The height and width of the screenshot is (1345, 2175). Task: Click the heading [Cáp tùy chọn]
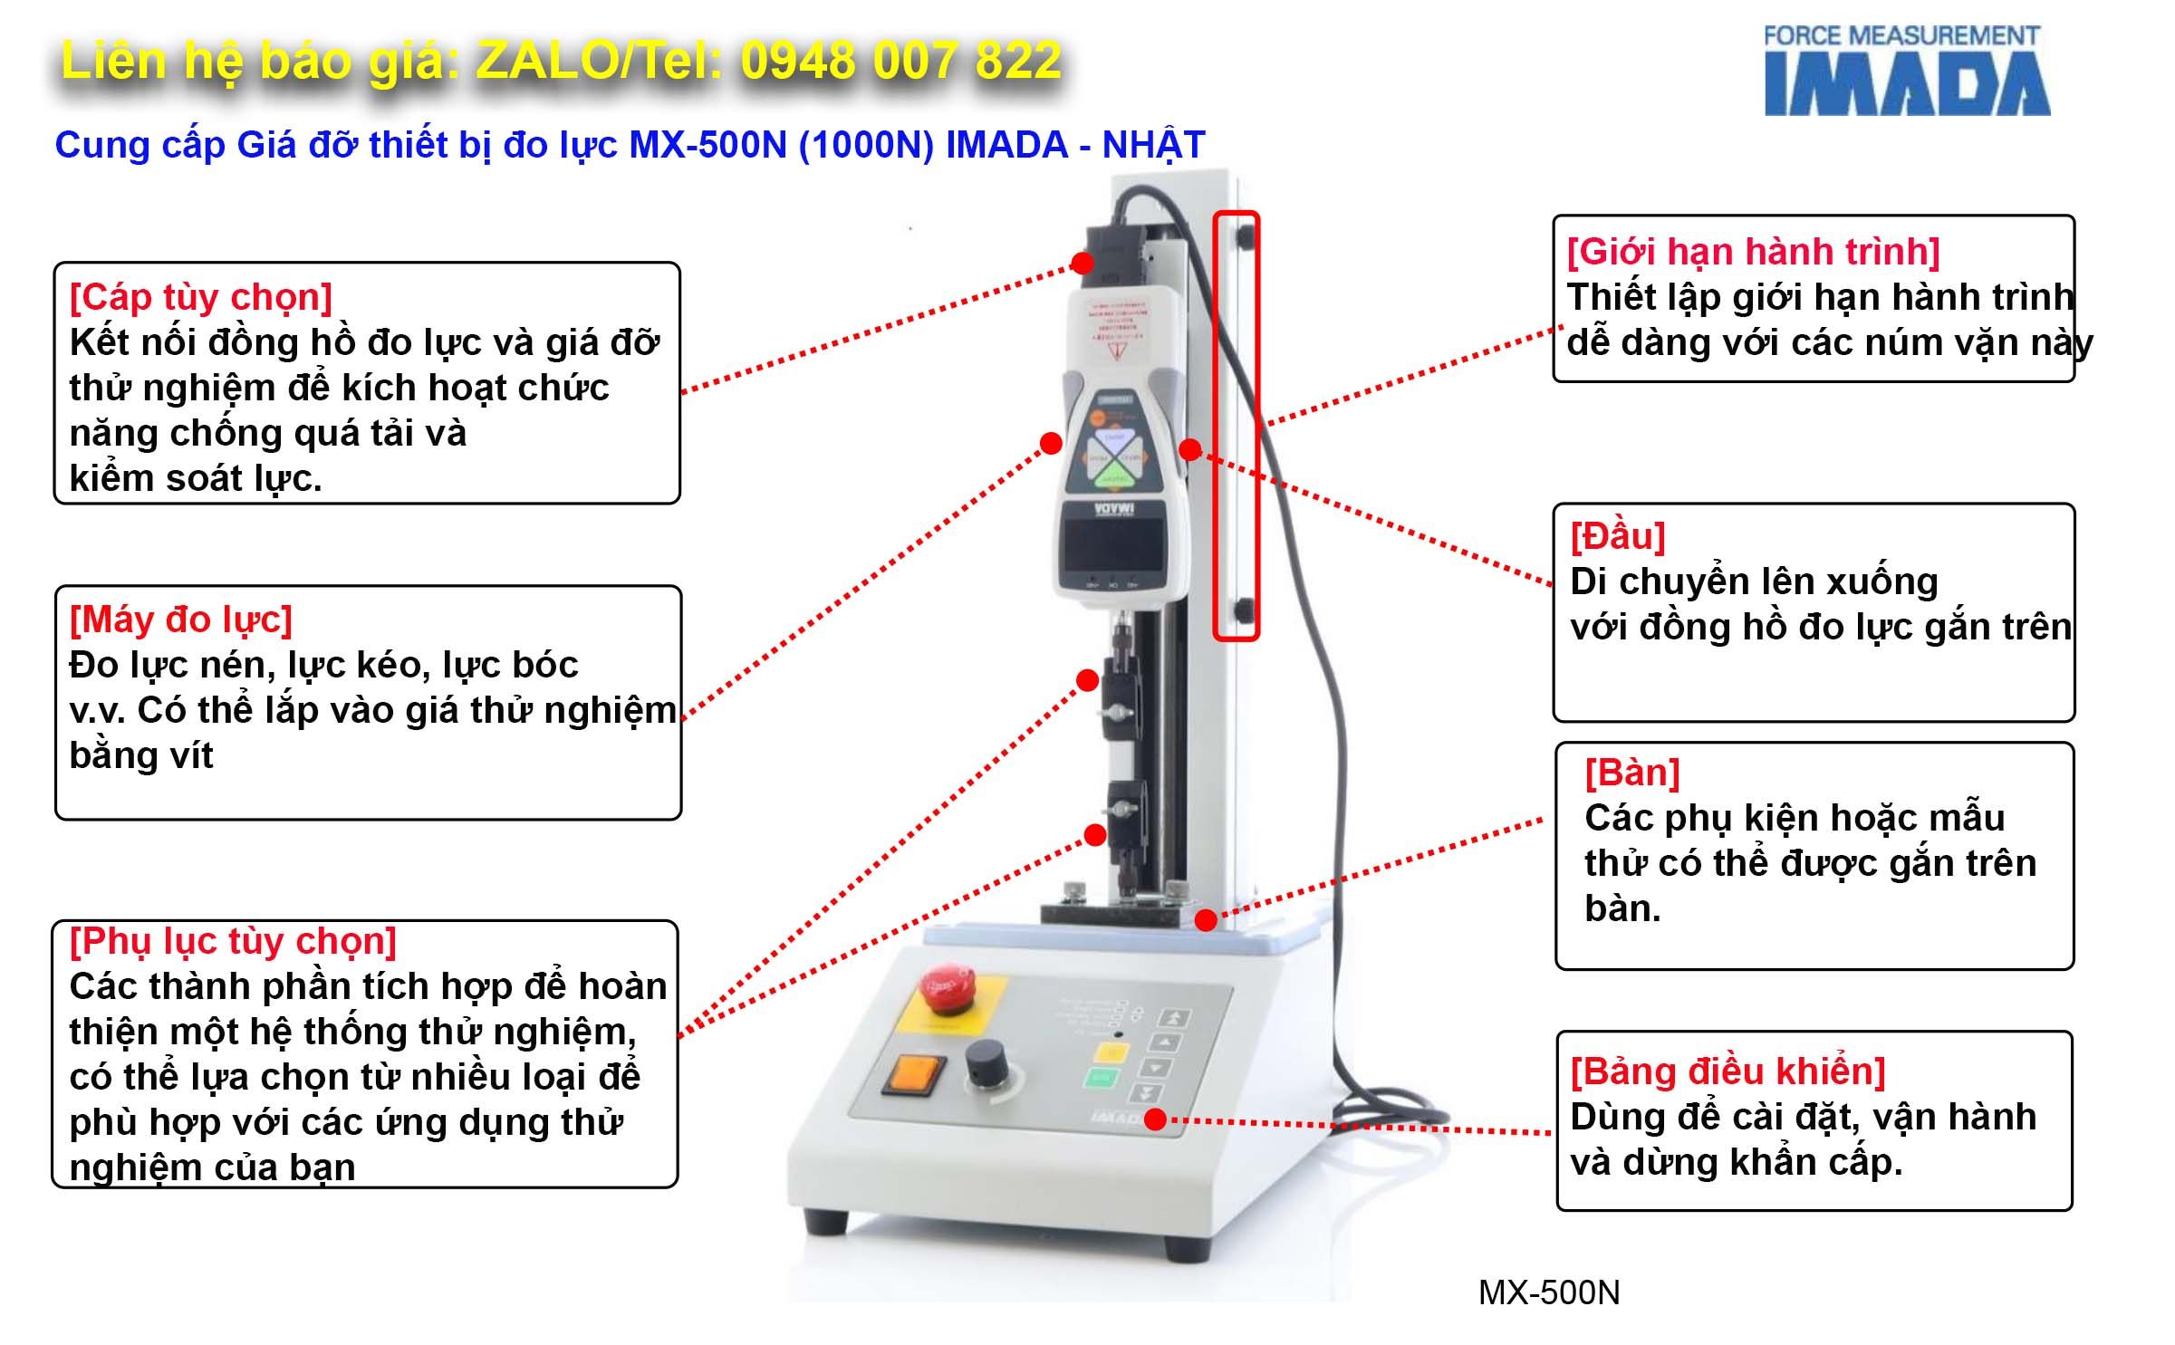(201, 297)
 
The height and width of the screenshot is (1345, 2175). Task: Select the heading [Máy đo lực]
(181, 620)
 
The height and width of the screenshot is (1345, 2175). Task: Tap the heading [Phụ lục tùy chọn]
(233, 941)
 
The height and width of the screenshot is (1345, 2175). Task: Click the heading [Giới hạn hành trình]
(1753, 252)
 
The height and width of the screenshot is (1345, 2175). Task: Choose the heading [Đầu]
(1618, 536)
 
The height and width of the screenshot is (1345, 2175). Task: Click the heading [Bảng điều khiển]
(1727, 1071)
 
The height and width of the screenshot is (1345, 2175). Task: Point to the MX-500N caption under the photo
(1549, 1292)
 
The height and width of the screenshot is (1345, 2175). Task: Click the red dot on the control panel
(1155, 1119)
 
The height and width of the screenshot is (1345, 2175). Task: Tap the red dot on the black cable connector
(1082, 263)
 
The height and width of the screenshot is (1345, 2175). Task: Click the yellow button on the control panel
(1111, 1052)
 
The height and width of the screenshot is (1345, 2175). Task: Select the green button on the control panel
(1101, 1078)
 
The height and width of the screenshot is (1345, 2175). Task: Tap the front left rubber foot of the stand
(826, 1222)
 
